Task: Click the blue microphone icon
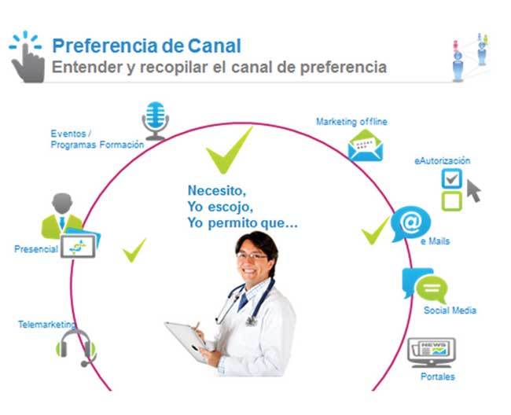(156, 120)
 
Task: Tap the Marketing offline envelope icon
(366, 145)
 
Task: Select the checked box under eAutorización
(452, 178)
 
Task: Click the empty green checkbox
(452, 201)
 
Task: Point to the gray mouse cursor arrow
(473, 191)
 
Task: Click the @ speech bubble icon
(410, 223)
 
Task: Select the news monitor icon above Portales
(432, 353)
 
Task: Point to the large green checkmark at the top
(229, 151)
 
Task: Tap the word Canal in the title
(215, 46)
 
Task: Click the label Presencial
(36, 249)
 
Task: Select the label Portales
(438, 377)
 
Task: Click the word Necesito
(217, 190)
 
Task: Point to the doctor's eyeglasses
(252, 256)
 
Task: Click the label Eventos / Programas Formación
(97, 139)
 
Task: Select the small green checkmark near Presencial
(134, 250)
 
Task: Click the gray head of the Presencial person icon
(62, 204)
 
